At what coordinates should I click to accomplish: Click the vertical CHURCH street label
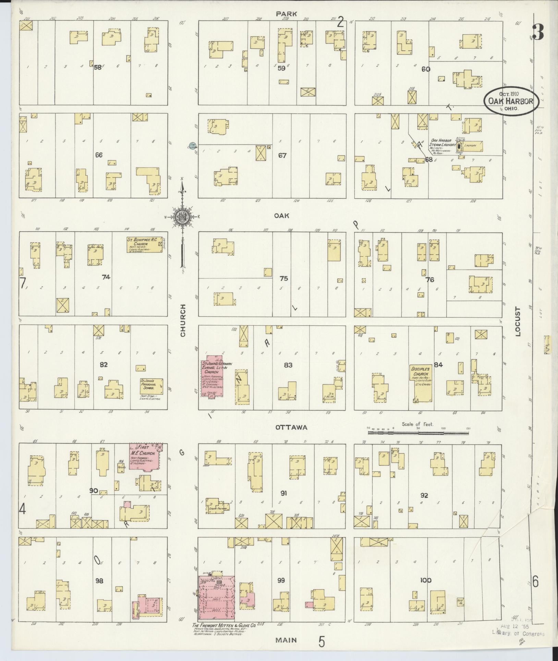coord(183,320)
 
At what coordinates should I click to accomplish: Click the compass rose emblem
coord(183,217)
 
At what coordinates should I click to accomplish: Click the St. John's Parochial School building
coord(151,386)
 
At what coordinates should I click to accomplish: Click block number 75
coord(283,279)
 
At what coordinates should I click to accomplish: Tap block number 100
coord(425,580)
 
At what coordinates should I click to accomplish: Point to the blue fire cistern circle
coord(192,145)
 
